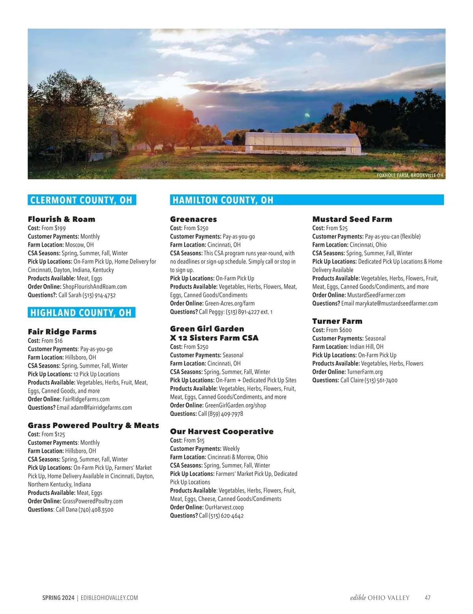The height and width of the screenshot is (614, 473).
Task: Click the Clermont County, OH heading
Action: coord(82,200)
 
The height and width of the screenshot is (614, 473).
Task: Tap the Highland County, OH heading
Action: coord(81,313)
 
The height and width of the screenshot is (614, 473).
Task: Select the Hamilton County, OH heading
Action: coord(223,200)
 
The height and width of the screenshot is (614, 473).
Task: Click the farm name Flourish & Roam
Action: coord(61,219)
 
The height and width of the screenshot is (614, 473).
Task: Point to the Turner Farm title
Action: coord(337,321)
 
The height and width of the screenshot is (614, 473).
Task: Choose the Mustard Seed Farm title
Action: coord(352,219)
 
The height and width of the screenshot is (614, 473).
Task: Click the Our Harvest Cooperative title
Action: coord(222,432)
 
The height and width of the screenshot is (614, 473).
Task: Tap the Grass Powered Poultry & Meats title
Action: coord(93,425)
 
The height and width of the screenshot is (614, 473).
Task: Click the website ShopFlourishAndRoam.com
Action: coord(95,287)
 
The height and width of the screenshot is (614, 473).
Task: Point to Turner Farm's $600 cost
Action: coord(345,330)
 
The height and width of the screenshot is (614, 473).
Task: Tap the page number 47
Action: coord(427,598)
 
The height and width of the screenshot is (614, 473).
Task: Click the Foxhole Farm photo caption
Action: coord(410,175)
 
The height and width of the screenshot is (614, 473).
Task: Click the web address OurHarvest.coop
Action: coord(224,508)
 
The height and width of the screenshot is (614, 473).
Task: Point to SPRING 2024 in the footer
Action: coord(58,598)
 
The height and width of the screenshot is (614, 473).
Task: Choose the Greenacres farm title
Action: coord(194,219)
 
